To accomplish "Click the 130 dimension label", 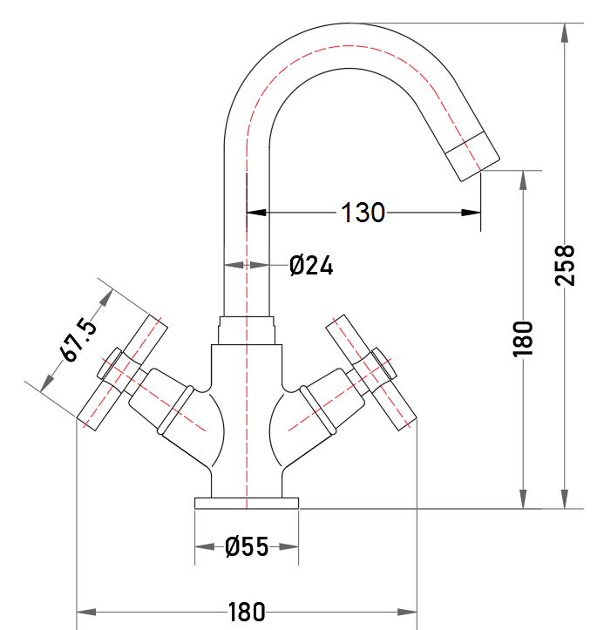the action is (x=363, y=213).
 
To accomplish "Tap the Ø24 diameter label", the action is (x=311, y=265).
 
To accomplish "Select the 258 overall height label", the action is (x=565, y=265).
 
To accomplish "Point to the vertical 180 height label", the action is (x=523, y=339).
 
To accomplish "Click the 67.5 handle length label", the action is (x=78, y=340).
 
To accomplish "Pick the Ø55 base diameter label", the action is (x=247, y=546).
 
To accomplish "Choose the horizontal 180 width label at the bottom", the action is (x=247, y=612).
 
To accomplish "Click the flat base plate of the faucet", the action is (x=247, y=504).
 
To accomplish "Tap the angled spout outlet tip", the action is (x=472, y=156).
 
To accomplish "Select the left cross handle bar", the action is (x=122, y=372).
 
